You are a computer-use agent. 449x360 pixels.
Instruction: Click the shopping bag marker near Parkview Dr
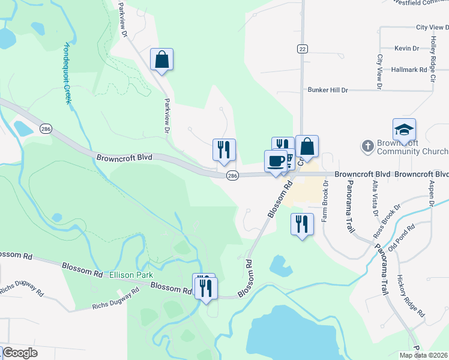[161, 60]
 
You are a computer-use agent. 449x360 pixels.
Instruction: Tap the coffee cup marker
[276, 161]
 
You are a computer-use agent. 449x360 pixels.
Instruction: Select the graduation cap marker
[404, 130]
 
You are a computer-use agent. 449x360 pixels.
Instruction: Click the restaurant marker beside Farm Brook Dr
[301, 224]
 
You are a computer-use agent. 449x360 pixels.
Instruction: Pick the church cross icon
[367, 146]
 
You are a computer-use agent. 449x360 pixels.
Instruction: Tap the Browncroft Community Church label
[412, 148]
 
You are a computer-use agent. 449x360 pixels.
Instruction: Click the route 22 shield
[301, 49]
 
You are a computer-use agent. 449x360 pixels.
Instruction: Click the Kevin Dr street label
[406, 48]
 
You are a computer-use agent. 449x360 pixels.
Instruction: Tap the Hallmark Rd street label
[408, 70]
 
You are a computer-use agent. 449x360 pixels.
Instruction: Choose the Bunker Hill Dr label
[328, 90]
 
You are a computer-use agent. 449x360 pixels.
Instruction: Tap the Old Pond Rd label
[402, 237]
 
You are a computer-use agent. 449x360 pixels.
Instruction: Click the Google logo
[20, 353]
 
